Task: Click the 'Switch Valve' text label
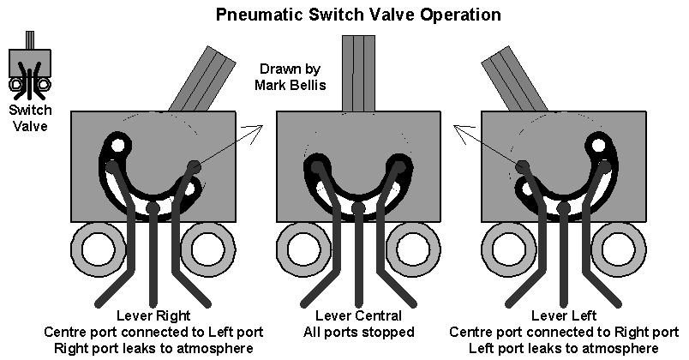29,117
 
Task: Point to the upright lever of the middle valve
358,73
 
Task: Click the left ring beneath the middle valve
303,249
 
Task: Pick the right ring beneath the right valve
620,249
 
